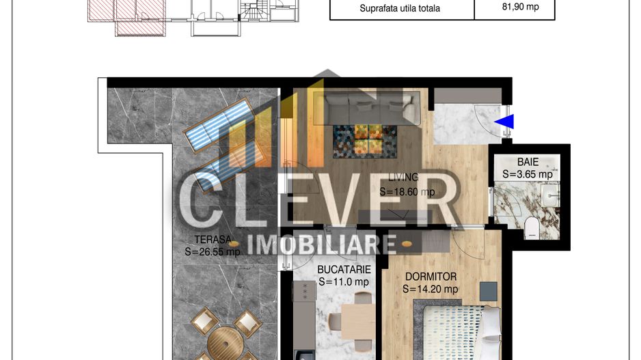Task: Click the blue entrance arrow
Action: pyautogui.click(x=505, y=122)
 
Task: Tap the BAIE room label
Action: pyautogui.click(x=528, y=163)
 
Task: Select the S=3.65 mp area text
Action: pyautogui.click(x=528, y=174)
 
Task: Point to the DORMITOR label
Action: pyautogui.click(x=431, y=277)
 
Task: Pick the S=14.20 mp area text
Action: pyautogui.click(x=431, y=289)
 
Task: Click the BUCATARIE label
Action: pyautogui.click(x=344, y=270)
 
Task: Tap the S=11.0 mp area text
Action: pyautogui.click(x=344, y=281)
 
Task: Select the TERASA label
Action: pyautogui.click(x=213, y=240)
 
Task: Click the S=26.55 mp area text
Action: pyautogui.click(x=213, y=251)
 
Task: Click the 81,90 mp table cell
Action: pyautogui.click(x=515, y=8)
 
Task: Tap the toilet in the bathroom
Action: pyautogui.click(x=532, y=228)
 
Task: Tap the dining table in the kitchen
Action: pyautogui.click(x=357, y=321)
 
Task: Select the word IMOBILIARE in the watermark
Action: pyautogui.click(x=323, y=244)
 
